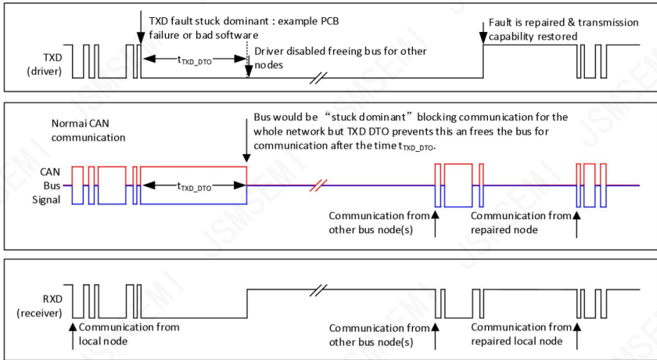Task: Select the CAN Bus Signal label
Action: (48, 185)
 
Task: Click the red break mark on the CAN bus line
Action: (319, 185)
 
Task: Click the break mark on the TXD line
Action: (318, 78)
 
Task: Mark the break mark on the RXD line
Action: (318, 290)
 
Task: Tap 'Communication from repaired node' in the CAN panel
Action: (520, 222)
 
